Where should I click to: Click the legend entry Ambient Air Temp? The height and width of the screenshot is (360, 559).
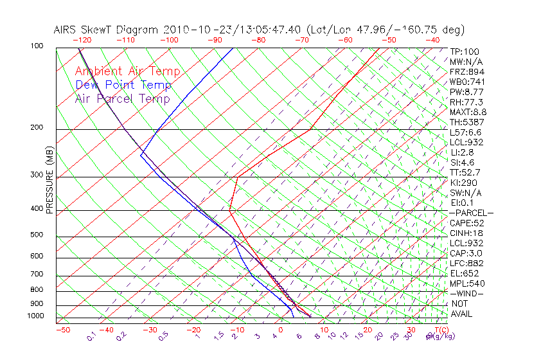pos(127,71)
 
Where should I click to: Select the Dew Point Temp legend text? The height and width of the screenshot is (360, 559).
pos(123,85)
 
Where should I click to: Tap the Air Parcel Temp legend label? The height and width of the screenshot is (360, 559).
pos(122,98)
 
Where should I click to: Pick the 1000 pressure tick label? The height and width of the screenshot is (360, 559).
pos(36,316)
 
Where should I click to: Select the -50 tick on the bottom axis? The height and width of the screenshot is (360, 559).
pos(62,330)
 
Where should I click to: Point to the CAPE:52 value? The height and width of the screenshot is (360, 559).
pos(466,223)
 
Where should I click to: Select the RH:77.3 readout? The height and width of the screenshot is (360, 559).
pos(466,102)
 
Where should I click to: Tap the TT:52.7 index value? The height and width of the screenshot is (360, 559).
pos(465,172)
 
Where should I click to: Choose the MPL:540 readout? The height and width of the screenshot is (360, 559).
pos(466,283)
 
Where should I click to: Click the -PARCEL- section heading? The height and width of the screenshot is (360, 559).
pos(471,213)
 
